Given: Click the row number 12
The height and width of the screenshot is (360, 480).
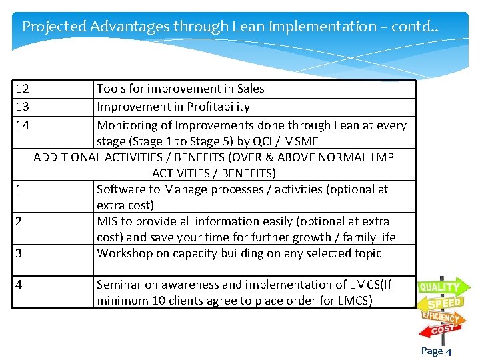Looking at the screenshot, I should (x=22, y=89).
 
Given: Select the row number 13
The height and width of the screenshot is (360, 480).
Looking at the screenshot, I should (x=22, y=107).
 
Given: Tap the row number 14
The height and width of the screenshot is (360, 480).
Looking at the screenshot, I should (x=22, y=125).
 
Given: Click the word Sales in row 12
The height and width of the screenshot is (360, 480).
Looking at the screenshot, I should (x=250, y=89).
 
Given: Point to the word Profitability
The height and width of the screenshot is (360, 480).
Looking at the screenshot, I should (x=218, y=107).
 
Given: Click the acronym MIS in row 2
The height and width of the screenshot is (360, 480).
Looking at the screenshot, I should (x=108, y=221).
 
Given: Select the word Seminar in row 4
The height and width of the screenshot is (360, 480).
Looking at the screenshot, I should (x=119, y=285).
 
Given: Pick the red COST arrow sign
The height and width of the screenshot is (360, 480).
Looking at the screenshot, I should (x=442, y=329).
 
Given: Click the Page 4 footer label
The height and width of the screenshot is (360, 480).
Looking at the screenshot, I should (x=436, y=351).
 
